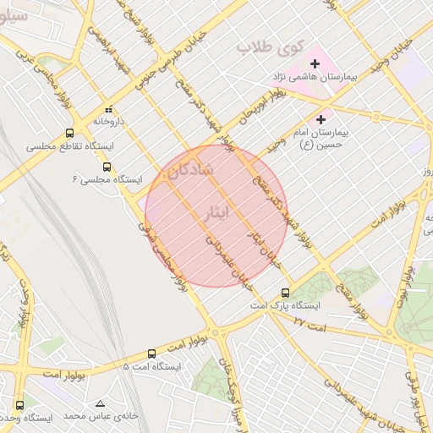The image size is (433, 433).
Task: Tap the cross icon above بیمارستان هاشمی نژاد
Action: (x=315, y=63)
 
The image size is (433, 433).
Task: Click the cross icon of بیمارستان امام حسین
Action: (x=321, y=120)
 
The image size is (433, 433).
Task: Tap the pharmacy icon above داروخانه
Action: (x=108, y=110)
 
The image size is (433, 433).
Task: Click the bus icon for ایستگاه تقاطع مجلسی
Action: (x=69, y=134)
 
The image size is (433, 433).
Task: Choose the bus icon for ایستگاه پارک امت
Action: (x=285, y=293)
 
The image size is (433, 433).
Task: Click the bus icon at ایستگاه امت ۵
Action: (x=151, y=354)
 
